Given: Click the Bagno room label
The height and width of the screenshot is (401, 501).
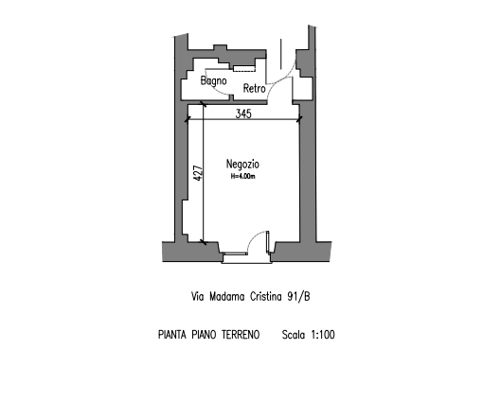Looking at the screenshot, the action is click(x=213, y=80).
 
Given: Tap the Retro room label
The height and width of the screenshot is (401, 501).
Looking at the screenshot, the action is click(x=255, y=88).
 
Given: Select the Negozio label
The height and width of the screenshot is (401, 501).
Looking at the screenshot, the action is click(x=242, y=164).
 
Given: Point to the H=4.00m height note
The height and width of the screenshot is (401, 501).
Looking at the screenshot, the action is click(x=242, y=176).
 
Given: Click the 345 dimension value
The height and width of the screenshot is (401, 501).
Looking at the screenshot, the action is click(x=243, y=113).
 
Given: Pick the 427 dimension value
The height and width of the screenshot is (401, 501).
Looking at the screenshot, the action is click(x=199, y=173).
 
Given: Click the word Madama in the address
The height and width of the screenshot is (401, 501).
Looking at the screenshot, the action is click(x=227, y=297).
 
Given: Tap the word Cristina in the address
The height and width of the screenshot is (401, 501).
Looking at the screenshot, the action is click(x=265, y=297).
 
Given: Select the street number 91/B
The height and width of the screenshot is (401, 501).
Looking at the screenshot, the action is click(x=298, y=297).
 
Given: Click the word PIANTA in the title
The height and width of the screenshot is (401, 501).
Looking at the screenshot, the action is click(x=172, y=335).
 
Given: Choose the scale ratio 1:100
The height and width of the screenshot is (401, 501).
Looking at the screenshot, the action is click(x=323, y=335).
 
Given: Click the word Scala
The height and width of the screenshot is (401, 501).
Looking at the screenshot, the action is click(x=293, y=335).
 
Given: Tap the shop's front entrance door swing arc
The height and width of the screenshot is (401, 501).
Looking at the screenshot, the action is click(x=254, y=236).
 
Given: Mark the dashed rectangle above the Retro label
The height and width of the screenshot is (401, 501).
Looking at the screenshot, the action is click(x=244, y=69).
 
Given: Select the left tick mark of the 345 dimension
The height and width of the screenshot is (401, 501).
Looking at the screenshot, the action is click(x=188, y=119).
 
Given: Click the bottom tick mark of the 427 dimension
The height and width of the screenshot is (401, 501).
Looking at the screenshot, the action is click(x=203, y=242).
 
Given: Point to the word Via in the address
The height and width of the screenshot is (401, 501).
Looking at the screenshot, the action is click(x=197, y=297).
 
